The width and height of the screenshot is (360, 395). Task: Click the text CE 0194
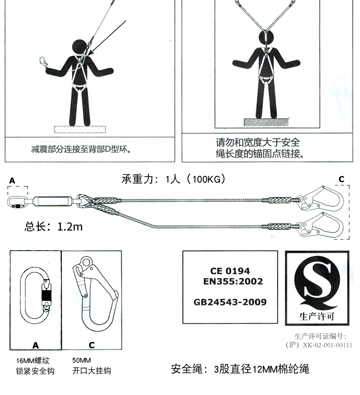230,271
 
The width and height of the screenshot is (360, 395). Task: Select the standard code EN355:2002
233,282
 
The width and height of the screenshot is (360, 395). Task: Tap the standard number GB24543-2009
230,302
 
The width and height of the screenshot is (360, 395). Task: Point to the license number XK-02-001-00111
327,345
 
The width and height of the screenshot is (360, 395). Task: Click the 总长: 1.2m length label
54,226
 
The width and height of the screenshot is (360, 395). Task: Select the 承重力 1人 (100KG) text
173,179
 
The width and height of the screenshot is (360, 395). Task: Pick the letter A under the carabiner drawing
35,345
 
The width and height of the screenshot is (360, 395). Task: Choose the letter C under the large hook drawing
92,345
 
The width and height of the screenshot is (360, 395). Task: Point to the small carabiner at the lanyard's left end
17,201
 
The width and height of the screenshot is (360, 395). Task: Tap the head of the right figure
265,36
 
